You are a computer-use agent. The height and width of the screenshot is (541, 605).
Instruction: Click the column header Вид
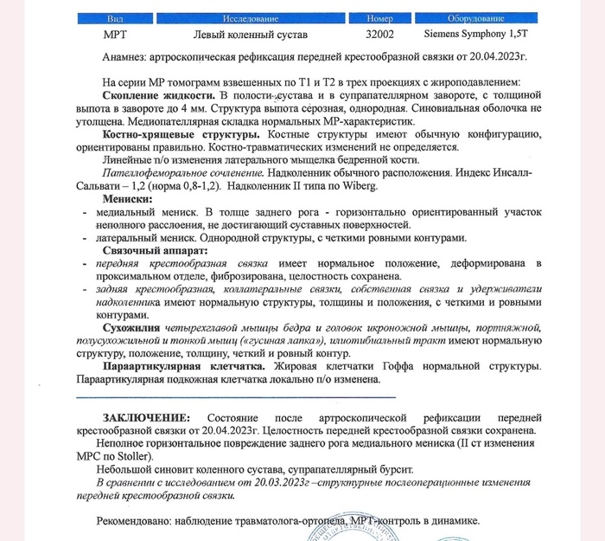[115, 18]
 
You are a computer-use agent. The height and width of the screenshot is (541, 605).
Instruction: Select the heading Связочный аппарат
[155, 250]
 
